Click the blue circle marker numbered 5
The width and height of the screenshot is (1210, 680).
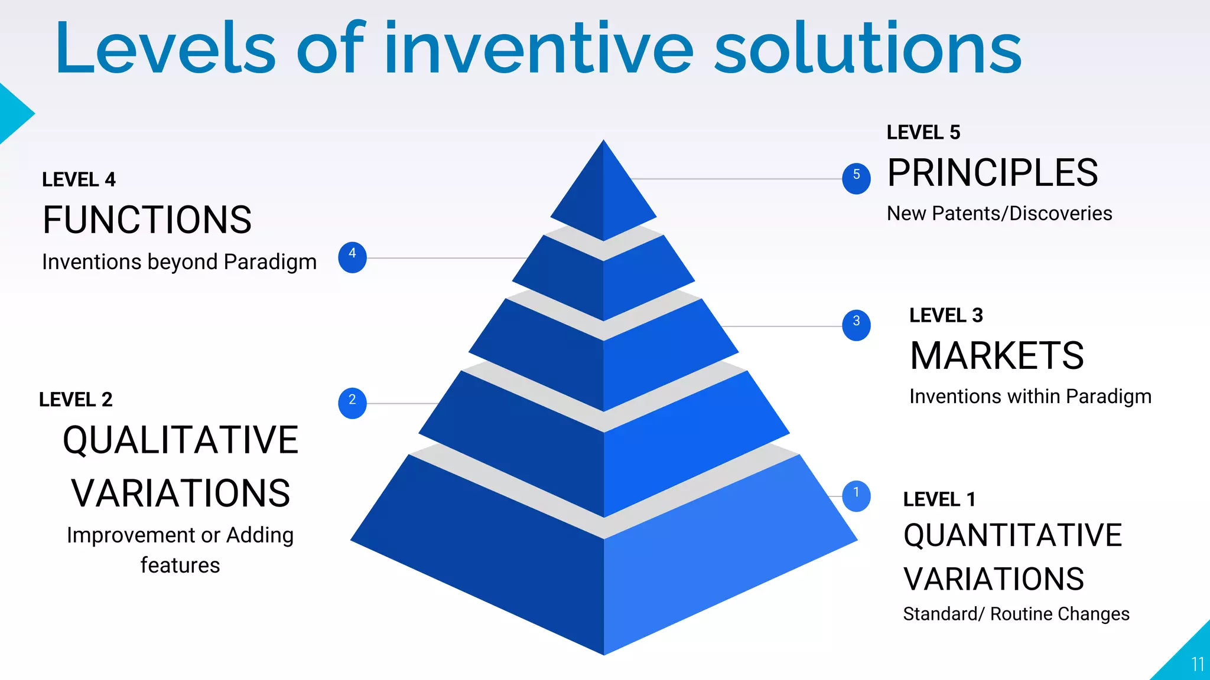[856, 178]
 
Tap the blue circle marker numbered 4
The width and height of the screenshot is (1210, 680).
[352, 257]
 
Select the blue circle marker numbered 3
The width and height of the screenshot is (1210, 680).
[856, 325]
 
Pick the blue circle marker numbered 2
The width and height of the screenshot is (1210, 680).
[352, 403]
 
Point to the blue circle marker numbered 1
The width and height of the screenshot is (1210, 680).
[856, 496]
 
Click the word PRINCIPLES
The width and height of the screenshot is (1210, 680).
[993, 173]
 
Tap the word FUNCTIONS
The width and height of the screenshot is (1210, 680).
[147, 220]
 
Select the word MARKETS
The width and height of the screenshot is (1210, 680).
[997, 356]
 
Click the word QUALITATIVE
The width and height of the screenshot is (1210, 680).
[180, 440]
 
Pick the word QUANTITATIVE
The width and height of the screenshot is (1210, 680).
[1013, 535]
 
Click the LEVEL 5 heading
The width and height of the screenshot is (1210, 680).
[923, 132]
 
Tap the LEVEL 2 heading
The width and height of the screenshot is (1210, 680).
[76, 400]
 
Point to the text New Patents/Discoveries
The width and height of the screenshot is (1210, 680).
[999, 213]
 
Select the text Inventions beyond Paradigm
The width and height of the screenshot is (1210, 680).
[179, 261]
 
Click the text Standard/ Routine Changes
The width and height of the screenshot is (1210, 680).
[1016, 614]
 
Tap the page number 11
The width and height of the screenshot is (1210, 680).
[1198, 665]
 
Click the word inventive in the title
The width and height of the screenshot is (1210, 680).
[539, 48]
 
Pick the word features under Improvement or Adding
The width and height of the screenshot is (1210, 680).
[180, 565]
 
